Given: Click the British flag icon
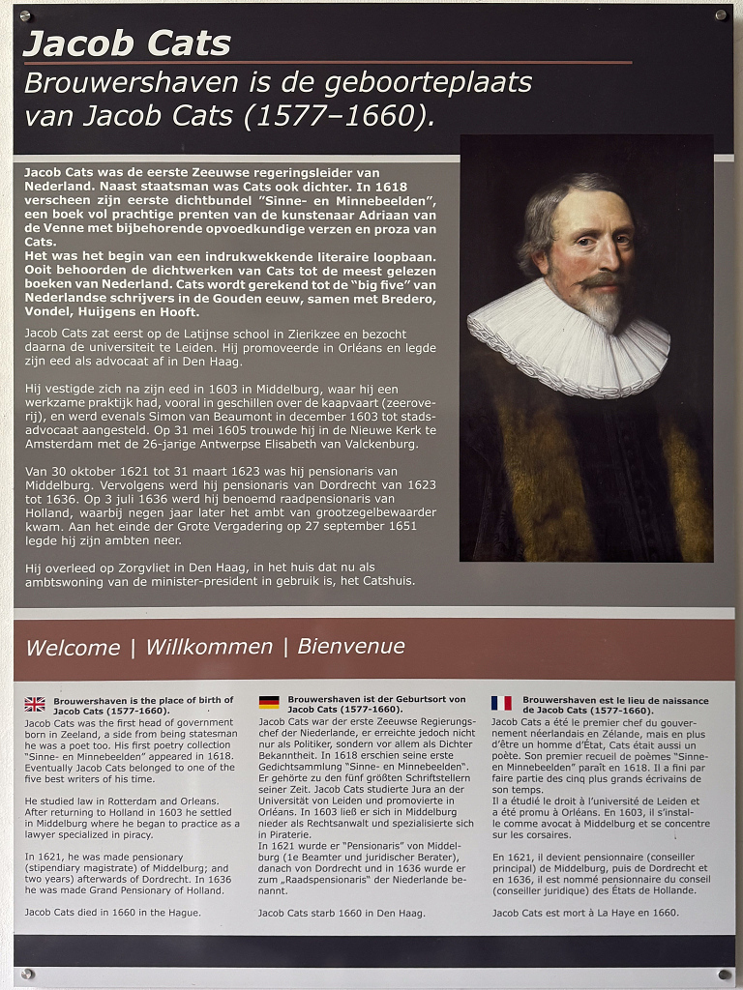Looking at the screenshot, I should click(35, 704).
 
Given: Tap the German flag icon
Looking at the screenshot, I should click(269, 702).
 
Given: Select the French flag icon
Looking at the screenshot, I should click(501, 703).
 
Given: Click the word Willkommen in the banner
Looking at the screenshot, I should click(209, 647).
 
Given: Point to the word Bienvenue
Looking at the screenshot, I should click(351, 646).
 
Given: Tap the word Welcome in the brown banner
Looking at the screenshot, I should click(73, 648).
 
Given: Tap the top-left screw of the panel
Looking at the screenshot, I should click(25, 15).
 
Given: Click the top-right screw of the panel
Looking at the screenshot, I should click(720, 15).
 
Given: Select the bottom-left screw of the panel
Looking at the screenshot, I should click(26, 974).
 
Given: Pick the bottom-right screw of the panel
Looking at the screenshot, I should click(723, 974).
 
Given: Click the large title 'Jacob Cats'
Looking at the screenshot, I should click(127, 44).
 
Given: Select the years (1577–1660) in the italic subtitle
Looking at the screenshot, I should click(334, 117).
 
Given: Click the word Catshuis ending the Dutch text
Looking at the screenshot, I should click(388, 581).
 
